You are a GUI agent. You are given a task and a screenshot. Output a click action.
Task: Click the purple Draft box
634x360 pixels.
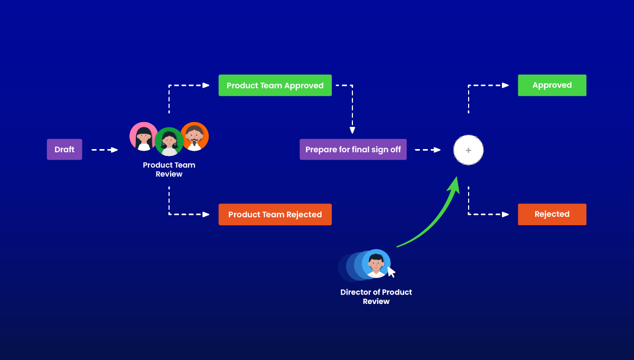coord(64,150)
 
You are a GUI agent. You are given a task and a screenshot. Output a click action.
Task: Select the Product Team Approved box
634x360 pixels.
coord(275,86)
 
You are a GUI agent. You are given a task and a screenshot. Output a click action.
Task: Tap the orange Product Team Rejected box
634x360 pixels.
coord(275,215)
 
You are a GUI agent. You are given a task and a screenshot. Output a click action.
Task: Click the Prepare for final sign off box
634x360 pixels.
coord(353,150)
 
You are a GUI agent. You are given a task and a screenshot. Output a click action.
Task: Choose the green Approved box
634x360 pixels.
coord(552,85)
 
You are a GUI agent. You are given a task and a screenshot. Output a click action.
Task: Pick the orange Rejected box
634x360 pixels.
coord(552,214)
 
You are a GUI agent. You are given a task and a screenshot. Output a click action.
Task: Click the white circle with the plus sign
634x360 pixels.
coord(468,151)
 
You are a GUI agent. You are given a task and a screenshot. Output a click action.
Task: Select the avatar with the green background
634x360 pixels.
coord(169,142)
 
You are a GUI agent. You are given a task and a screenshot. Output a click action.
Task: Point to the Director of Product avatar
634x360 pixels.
coord(376,263)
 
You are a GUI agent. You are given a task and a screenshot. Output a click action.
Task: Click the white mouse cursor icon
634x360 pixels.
coord(391,272)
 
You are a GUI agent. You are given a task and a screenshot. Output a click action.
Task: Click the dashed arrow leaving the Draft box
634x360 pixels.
coord(104,150)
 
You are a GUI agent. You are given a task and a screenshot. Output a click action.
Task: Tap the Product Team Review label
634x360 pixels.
coord(169,170)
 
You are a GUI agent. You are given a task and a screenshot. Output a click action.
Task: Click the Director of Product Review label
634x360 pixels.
coord(376,297)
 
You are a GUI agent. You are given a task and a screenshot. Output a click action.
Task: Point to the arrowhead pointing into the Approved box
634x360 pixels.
coord(506,85)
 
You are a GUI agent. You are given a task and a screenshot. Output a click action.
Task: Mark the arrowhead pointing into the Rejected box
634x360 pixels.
coord(506,215)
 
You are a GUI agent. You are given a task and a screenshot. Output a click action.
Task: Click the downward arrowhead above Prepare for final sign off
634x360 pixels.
coord(352,130)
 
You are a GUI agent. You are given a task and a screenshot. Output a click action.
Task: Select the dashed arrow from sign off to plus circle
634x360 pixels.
coord(427,150)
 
